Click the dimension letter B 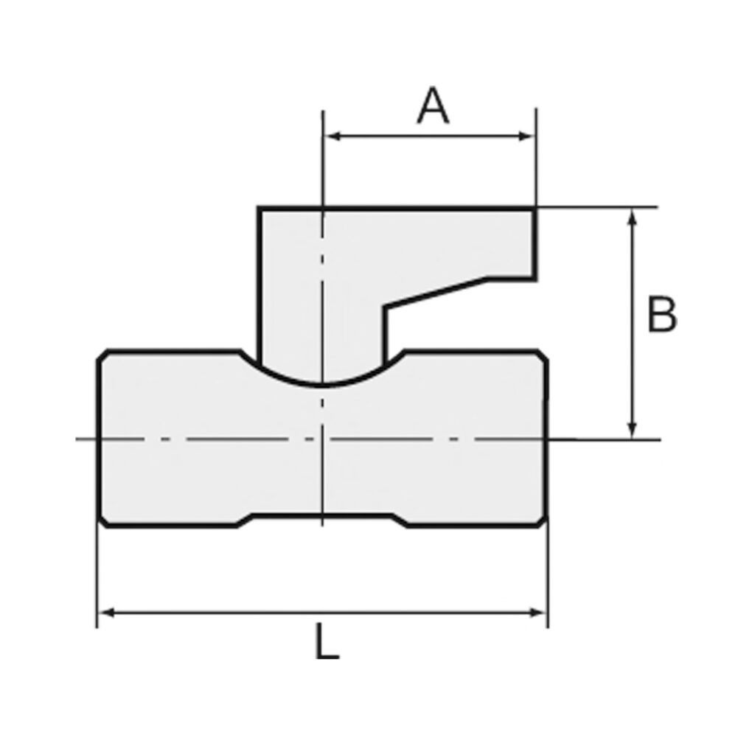coord(661,315)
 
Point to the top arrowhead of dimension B coord(632,214)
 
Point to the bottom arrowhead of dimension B coord(632,434)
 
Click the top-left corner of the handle coord(259,209)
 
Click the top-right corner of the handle coord(535,209)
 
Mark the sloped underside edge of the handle coord(435,293)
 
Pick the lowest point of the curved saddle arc coord(322,384)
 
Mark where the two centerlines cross coord(322,440)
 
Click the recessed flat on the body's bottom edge coord(322,515)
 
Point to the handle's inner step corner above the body coord(385,307)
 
